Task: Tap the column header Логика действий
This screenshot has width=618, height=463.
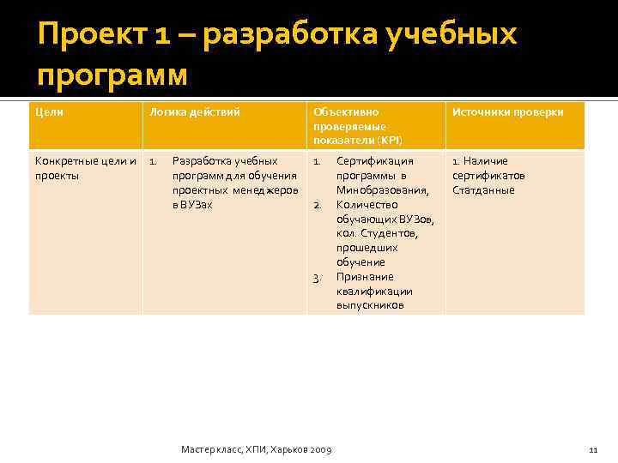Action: click(194, 112)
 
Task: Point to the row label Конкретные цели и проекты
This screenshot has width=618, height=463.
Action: click(83, 168)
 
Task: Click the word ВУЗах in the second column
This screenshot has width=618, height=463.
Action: click(192, 205)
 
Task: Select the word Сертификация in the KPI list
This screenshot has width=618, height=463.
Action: click(374, 161)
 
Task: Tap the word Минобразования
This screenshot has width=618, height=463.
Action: click(381, 190)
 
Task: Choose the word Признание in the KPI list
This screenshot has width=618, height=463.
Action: click(365, 277)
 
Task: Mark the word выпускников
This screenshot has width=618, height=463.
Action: click(370, 305)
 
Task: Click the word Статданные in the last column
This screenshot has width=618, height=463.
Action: click(483, 190)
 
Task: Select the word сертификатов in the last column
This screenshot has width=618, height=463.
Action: click(488, 176)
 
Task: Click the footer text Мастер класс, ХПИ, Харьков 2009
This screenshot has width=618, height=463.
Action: click(257, 449)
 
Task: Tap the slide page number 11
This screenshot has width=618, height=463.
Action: click(592, 449)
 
